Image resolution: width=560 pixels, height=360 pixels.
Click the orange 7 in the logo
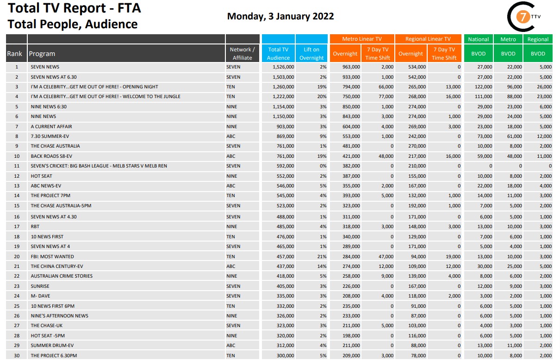[523, 17]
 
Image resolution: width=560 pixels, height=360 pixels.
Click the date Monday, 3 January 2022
[280, 16]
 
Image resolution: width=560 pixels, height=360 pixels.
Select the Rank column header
[14, 54]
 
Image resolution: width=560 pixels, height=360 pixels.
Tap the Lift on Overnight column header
[311, 54]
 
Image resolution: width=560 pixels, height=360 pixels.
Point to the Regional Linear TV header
[428, 39]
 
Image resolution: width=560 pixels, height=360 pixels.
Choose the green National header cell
[478, 39]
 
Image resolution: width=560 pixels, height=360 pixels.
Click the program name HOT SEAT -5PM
[48, 335]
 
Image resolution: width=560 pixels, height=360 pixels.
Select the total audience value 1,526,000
[283, 67]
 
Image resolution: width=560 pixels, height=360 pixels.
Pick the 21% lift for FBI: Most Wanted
[322, 256]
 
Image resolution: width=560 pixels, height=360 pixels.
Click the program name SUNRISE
[40, 286]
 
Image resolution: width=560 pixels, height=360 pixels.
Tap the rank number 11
[17, 166]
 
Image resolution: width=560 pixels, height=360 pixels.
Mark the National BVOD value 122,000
[484, 87]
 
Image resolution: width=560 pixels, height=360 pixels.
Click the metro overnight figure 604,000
[351, 126]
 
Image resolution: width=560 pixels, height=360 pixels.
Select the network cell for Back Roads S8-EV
[231, 156]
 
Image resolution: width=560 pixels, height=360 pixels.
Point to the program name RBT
[35, 226]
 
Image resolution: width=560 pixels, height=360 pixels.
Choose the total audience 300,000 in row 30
[285, 355]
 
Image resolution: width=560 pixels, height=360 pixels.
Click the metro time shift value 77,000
[386, 97]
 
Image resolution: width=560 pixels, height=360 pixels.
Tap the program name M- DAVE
[40, 296]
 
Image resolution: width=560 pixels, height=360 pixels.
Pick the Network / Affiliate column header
[242, 54]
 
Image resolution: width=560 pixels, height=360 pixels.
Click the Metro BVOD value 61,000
[515, 136]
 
